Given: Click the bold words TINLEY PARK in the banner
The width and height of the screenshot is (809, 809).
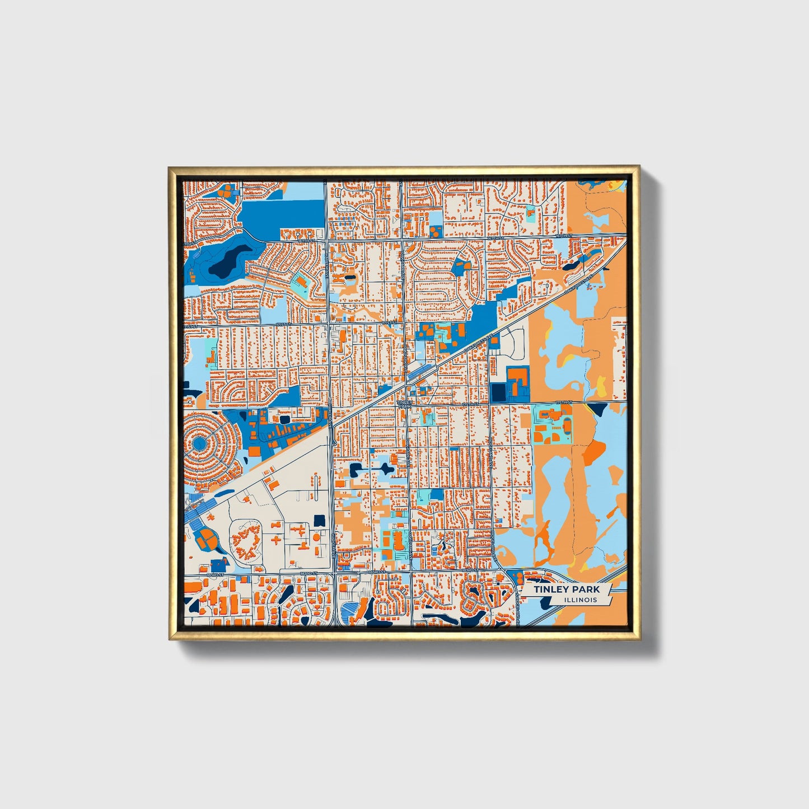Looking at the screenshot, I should point(566,590).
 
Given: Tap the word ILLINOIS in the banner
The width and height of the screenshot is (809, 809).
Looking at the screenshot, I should point(581,600).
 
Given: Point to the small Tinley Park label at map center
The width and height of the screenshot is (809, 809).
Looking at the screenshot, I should point(404,403).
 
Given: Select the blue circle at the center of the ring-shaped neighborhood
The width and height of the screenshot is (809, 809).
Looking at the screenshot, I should point(199,444).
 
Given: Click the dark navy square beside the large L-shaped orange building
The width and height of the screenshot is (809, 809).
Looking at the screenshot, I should point(497,392).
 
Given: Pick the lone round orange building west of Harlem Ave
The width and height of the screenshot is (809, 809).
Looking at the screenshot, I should point(316,537).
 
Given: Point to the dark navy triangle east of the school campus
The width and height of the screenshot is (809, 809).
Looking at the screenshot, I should point(595,409).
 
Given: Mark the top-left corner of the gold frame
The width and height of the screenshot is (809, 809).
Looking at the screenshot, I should point(170,167).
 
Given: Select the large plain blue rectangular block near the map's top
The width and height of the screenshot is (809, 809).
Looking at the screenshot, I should point(283,213).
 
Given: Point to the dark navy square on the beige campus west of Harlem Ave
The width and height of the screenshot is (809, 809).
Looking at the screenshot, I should point(320,520).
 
